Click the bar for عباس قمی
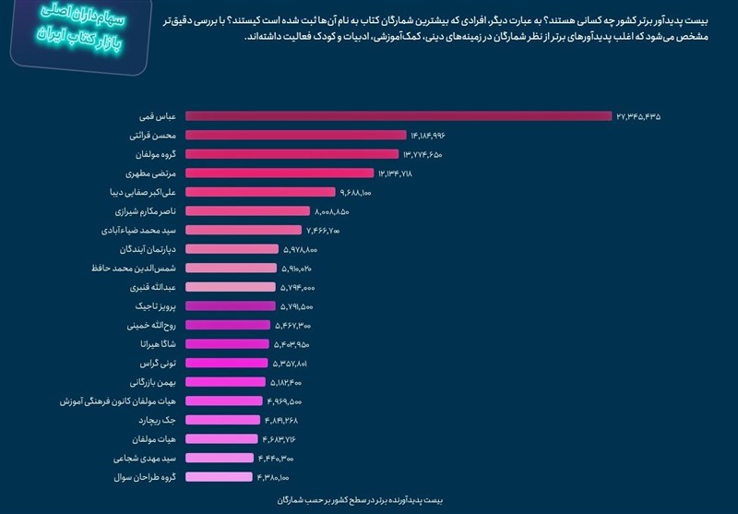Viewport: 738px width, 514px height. click(399, 116)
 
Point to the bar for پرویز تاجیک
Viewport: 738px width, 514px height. click(231, 305)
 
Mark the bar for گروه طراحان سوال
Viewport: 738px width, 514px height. click(219, 476)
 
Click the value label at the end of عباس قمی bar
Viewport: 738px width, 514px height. click(639, 116)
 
